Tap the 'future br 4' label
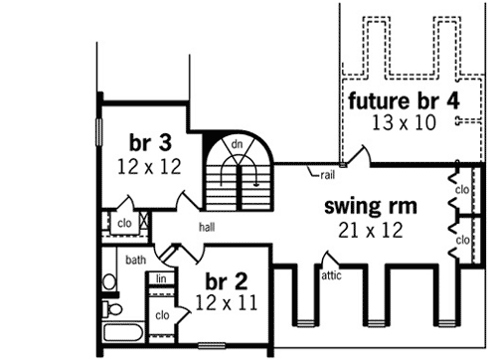tap(403, 100)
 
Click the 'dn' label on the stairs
tap(238, 144)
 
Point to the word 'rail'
tap(327, 175)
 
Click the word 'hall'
tap(206, 227)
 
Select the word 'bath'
tap(136, 260)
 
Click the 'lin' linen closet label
tap(159, 280)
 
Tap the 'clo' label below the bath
tap(161, 316)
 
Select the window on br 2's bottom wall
tap(212, 346)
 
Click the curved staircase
tap(238, 169)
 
